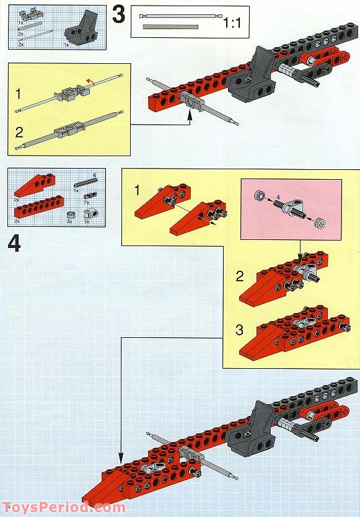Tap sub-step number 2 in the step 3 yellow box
click(x=19, y=131)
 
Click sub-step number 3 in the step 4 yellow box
click(x=240, y=329)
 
